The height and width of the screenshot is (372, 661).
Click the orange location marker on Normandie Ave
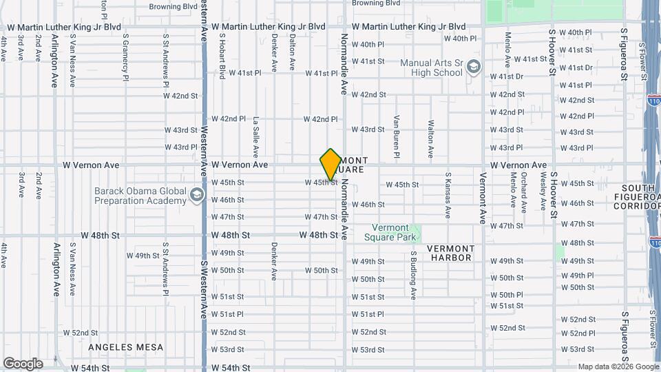click(330, 164)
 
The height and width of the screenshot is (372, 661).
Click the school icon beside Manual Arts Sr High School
click(473, 67)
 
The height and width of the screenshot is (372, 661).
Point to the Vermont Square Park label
click(395, 232)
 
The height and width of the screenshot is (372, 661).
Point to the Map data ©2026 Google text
click(618, 366)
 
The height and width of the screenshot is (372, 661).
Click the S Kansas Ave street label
click(448, 196)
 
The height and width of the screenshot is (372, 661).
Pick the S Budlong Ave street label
click(414, 275)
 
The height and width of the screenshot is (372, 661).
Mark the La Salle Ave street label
click(255, 136)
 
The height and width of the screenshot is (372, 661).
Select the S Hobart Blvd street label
click(222, 56)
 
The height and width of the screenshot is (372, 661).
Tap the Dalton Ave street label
click(292, 53)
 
